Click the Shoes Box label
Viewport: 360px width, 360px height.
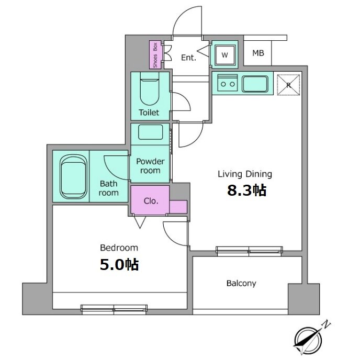tap(155, 55)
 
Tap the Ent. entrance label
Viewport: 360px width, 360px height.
tap(188, 58)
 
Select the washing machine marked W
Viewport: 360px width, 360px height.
tap(225, 54)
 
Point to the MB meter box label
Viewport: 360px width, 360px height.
tap(258, 53)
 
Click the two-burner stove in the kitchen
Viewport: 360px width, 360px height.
tap(228, 83)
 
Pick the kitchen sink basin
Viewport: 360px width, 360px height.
tap(255, 84)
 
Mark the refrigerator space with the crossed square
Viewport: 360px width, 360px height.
tap(289, 84)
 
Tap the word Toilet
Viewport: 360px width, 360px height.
tap(149, 113)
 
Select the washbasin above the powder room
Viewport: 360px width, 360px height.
tap(150, 132)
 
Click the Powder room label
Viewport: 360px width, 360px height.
tap(150, 166)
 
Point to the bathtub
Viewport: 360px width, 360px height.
tap(73, 176)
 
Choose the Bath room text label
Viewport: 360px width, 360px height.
tap(109, 188)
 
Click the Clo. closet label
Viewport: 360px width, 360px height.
tap(151, 201)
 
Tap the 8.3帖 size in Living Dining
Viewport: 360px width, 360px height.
tap(247, 190)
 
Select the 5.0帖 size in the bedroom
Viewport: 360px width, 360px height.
tap(119, 264)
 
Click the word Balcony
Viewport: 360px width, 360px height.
tap(241, 283)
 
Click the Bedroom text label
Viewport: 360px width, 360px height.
tap(119, 248)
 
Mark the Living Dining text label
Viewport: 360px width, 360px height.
tap(245, 174)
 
